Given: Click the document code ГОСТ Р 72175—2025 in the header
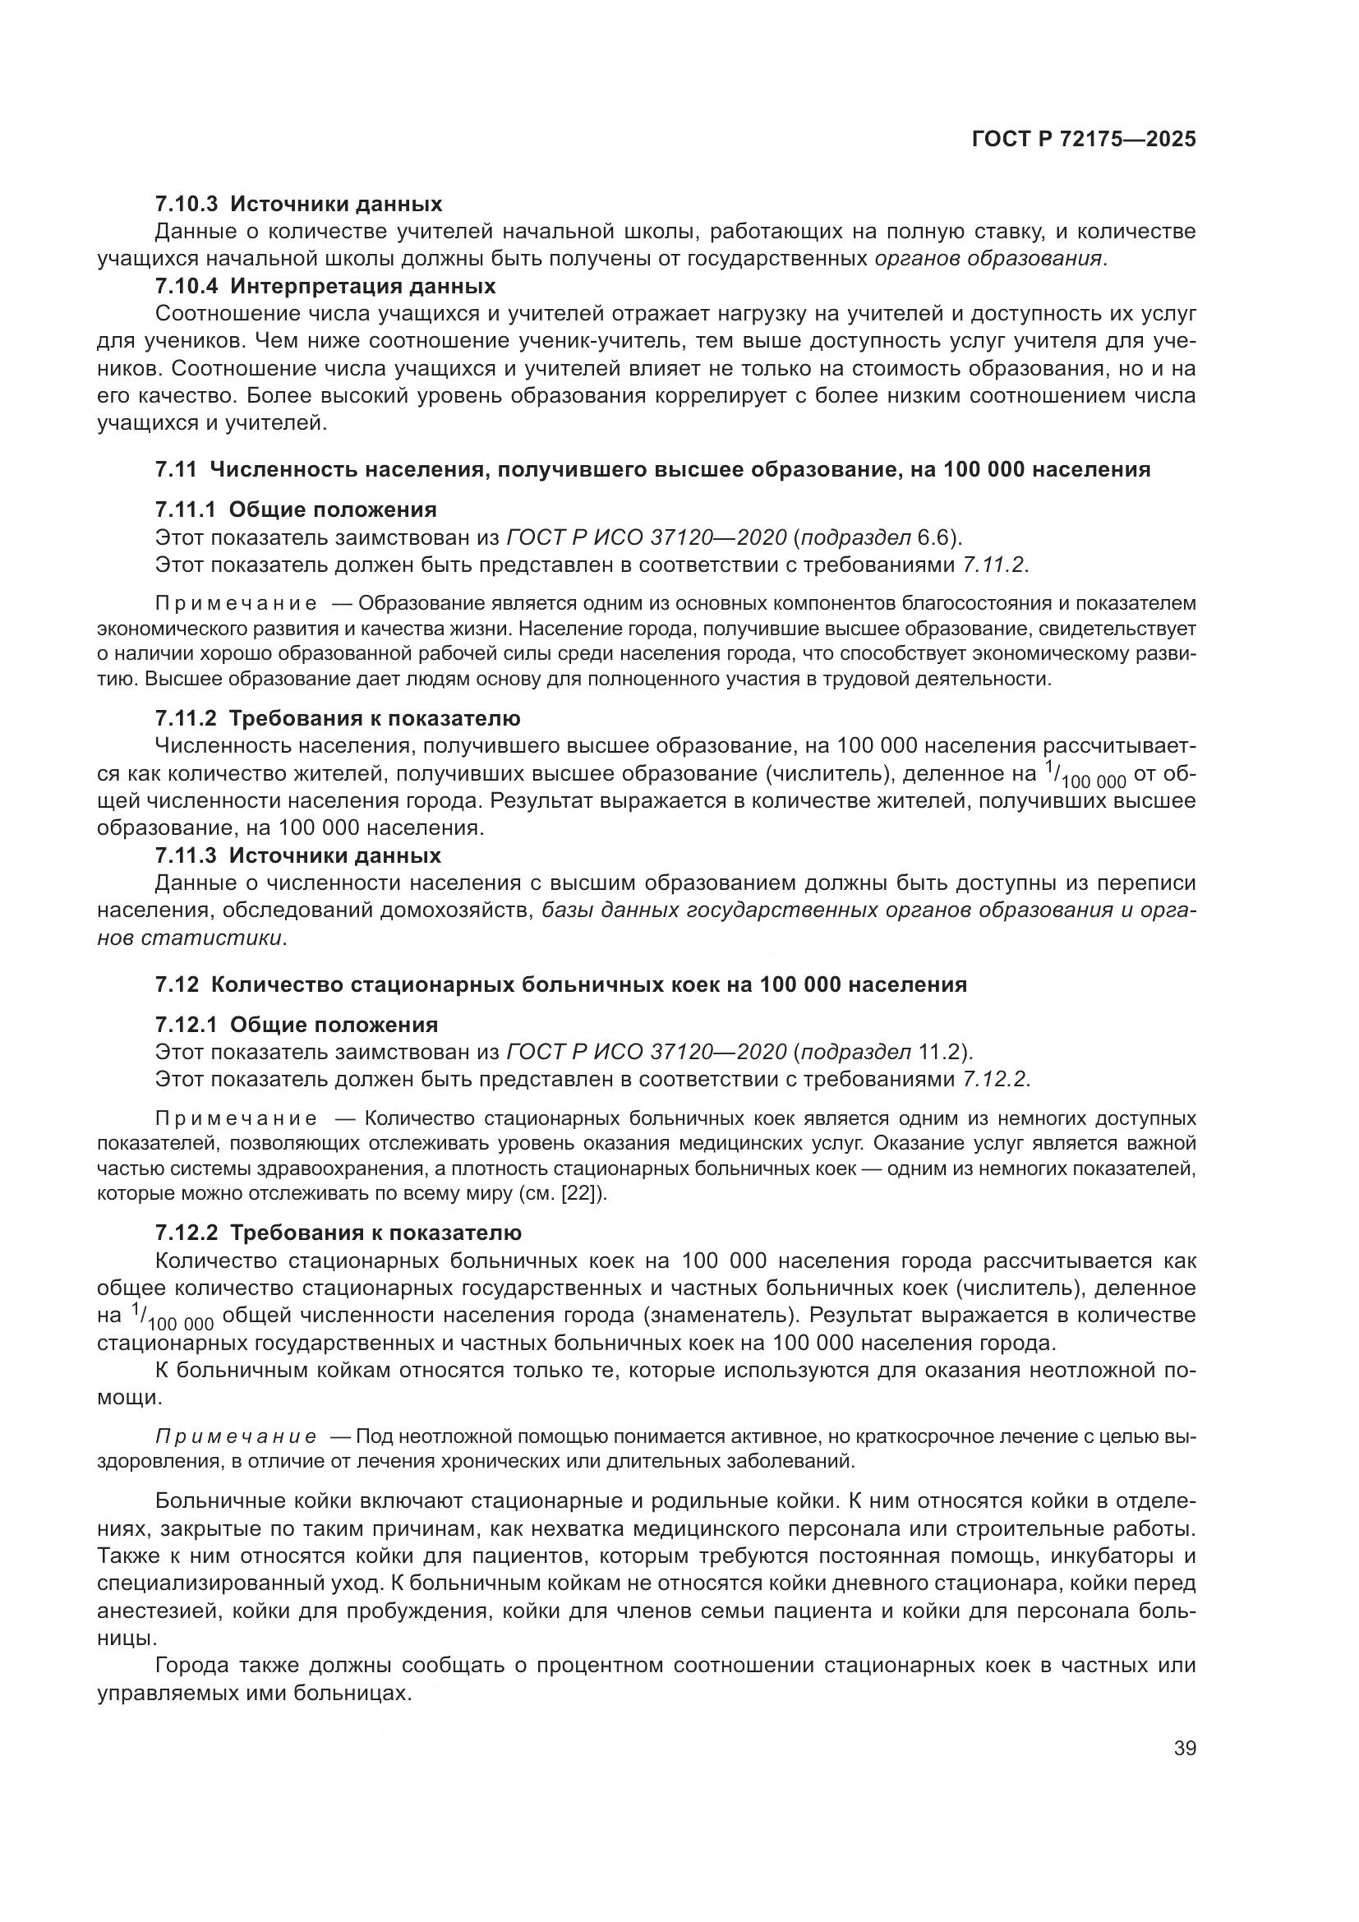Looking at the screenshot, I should point(1084,140).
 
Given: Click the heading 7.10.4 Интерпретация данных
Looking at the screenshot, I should point(325,286).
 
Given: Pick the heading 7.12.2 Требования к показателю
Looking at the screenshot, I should point(338,1233).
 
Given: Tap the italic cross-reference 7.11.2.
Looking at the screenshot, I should point(993,565).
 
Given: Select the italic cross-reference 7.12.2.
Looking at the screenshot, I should point(993,1080).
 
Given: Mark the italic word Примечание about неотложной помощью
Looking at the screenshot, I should point(236,1437).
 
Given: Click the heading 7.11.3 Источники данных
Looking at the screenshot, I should point(298,855).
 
